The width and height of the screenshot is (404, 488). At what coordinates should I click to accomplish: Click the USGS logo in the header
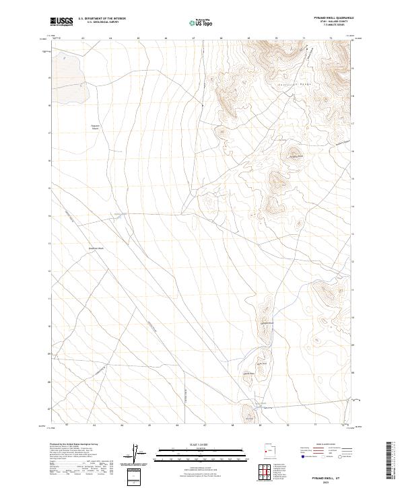(x=61, y=22)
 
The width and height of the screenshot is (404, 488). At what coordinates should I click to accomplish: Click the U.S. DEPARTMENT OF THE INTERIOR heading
(x=102, y=19)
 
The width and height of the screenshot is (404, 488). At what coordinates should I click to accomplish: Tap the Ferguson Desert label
(x=95, y=127)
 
